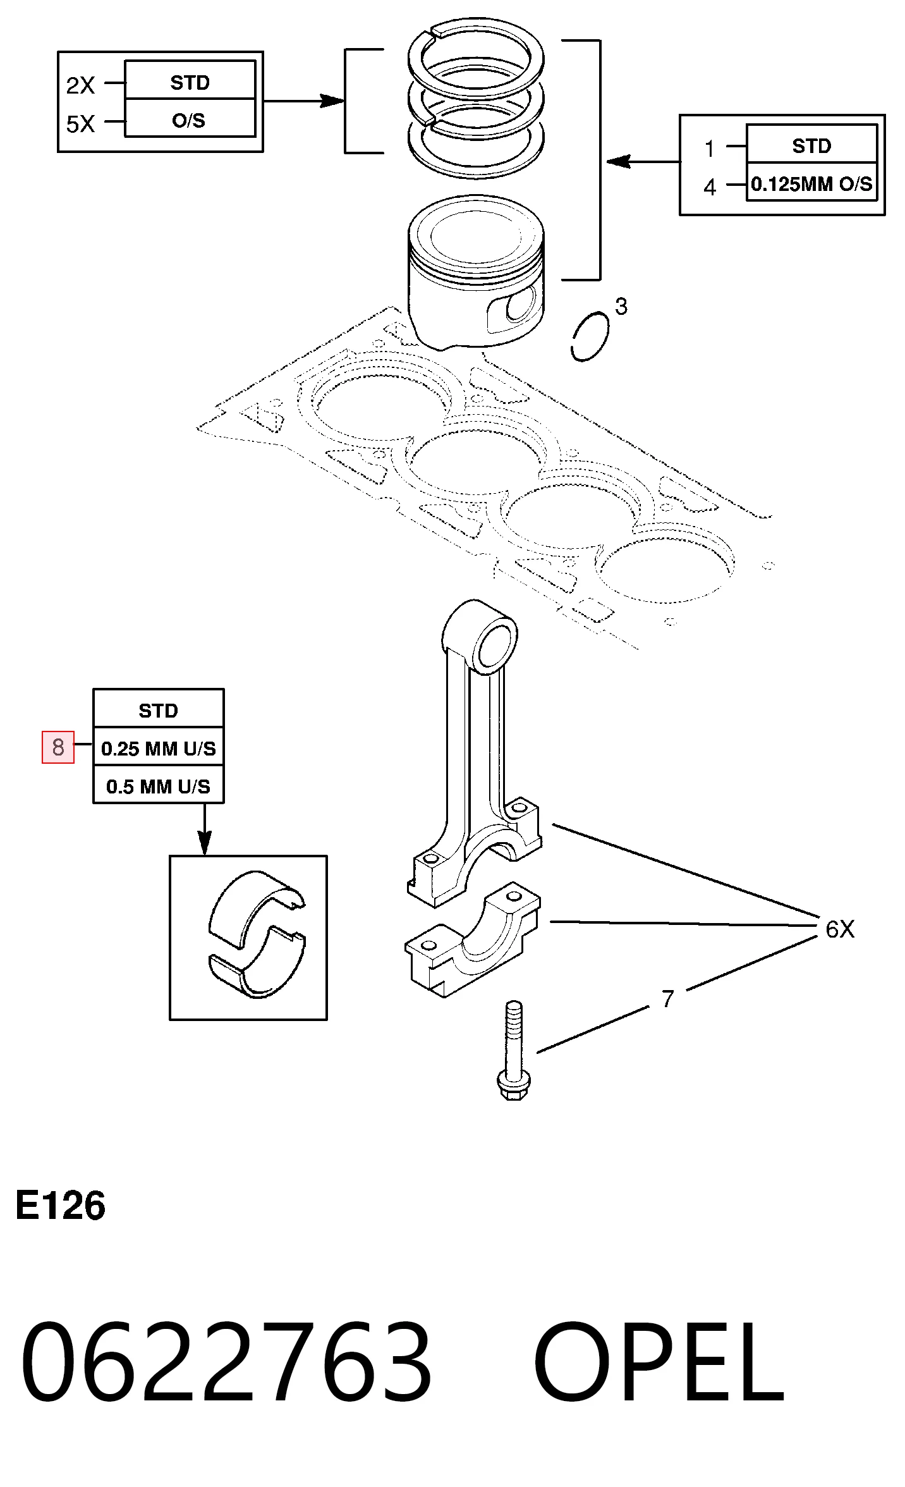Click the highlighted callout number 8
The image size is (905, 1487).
point(58,747)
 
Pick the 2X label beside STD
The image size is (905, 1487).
point(81,85)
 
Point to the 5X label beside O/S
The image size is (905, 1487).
point(81,124)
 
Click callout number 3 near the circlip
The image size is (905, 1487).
point(621,307)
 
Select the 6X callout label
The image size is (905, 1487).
point(840,929)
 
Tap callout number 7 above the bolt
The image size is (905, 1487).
point(668,999)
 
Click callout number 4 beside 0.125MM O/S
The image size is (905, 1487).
point(710,187)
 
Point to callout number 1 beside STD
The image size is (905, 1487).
point(710,149)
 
